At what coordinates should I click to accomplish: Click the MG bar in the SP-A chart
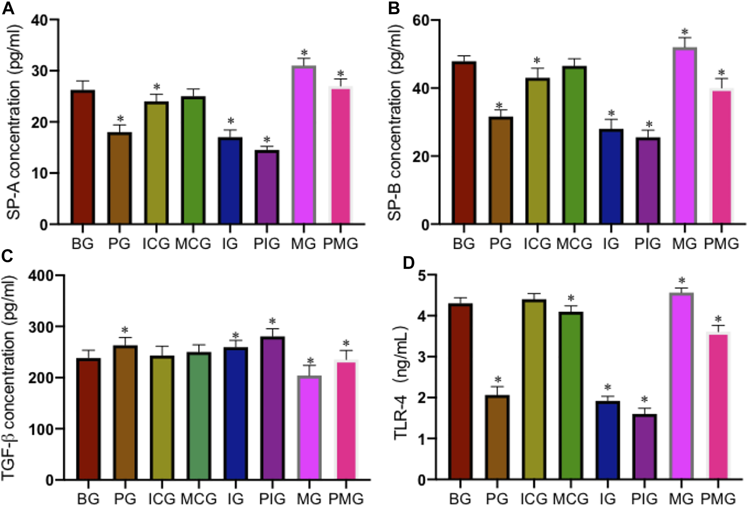click(304, 145)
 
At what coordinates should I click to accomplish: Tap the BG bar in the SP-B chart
click(465, 143)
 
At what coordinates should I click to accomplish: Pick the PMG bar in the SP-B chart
click(721, 156)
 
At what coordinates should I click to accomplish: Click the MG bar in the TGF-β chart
click(309, 427)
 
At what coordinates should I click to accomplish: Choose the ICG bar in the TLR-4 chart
click(534, 389)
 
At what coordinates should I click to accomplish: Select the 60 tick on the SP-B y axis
click(422, 21)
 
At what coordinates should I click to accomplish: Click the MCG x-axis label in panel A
click(193, 244)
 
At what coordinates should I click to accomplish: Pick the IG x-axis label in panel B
click(611, 244)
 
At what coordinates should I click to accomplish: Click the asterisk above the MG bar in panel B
click(685, 32)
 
